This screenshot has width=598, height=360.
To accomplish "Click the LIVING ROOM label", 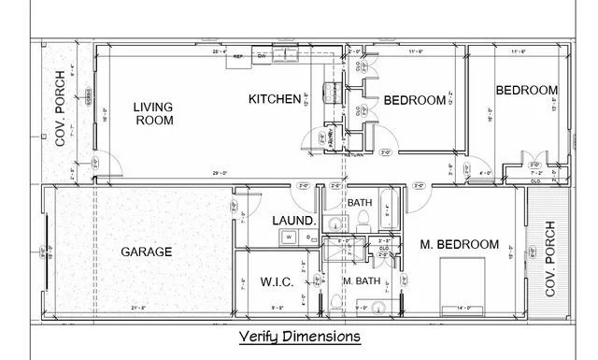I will coord(154,113).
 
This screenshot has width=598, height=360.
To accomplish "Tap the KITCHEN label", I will coord(274,99).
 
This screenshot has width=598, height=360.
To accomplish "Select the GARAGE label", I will coord(147,252).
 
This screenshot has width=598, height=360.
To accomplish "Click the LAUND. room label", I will coord(291,221).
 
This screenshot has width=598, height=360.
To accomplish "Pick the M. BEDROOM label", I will coord(459,244).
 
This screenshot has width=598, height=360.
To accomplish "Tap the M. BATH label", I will coord(361,281).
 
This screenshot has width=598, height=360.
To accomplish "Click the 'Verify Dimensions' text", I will coord(299,336).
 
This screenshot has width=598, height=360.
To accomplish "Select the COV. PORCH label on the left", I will coord(60,109).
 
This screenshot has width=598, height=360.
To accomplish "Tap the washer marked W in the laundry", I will coord(289,238).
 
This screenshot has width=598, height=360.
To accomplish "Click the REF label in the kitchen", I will coord(238,56).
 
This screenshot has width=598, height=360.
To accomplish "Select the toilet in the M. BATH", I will coord(334,301).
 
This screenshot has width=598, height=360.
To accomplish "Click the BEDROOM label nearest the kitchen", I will coord(415,100).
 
